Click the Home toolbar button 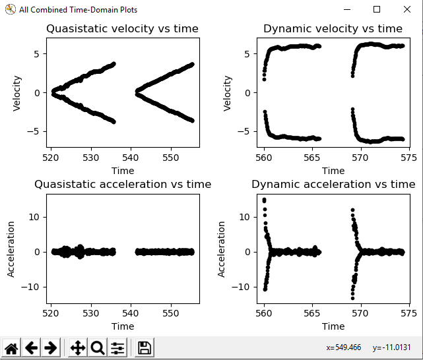(x=11, y=347)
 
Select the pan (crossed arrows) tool (x=78, y=347)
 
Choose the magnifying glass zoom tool (x=98, y=347)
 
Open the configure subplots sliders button (x=117, y=347)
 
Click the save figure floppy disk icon (x=145, y=347)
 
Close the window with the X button (x=407, y=9)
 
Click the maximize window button (x=377, y=9)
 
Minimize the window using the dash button (x=347, y=9)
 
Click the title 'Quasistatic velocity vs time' (x=121, y=29)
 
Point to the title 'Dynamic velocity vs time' (x=333, y=29)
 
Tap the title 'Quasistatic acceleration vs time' (x=123, y=185)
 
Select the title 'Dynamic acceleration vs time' (x=333, y=185)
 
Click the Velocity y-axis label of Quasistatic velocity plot (x=18, y=92)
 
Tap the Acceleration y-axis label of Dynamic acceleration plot (x=221, y=249)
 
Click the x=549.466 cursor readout (x=344, y=347)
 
